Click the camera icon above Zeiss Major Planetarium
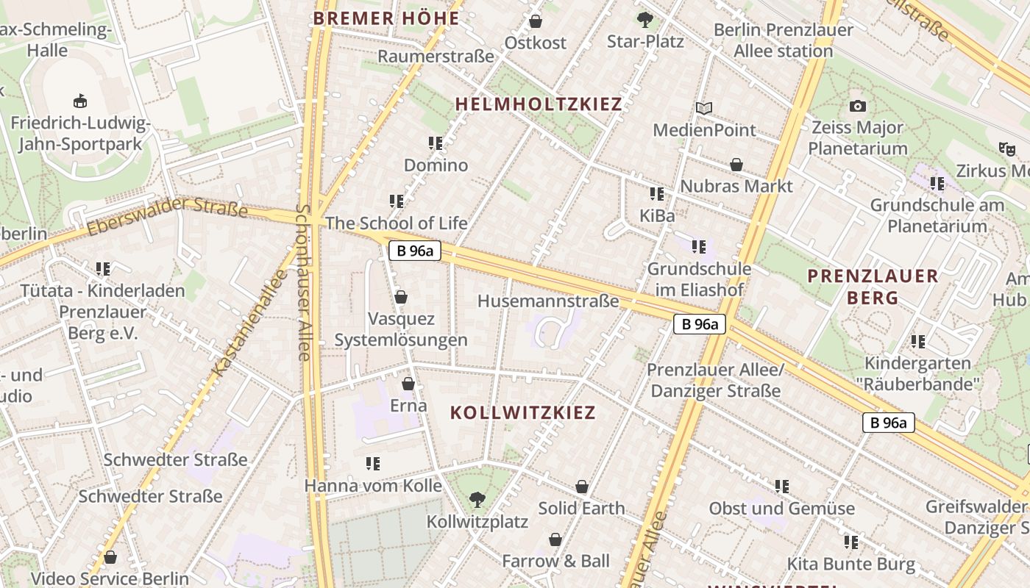click(x=857, y=107)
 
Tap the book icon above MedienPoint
click(x=704, y=109)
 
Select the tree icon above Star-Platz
click(x=645, y=20)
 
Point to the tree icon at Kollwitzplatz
click(x=477, y=500)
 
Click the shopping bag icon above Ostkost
click(x=536, y=21)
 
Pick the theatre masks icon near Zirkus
click(x=1007, y=148)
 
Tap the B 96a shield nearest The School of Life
click(x=414, y=251)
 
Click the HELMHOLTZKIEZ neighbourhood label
click(x=539, y=104)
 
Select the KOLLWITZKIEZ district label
click(x=522, y=412)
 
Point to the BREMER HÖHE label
click(x=386, y=18)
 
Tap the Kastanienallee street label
click(x=248, y=324)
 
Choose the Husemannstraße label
click(x=548, y=301)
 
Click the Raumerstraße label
click(x=436, y=57)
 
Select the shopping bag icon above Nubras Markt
click(x=736, y=165)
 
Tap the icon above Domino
click(x=435, y=143)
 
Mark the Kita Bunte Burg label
click(x=851, y=564)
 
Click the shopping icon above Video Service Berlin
click(x=110, y=557)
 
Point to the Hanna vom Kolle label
click(x=373, y=486)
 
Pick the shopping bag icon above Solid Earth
click(x=582, y=487)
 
